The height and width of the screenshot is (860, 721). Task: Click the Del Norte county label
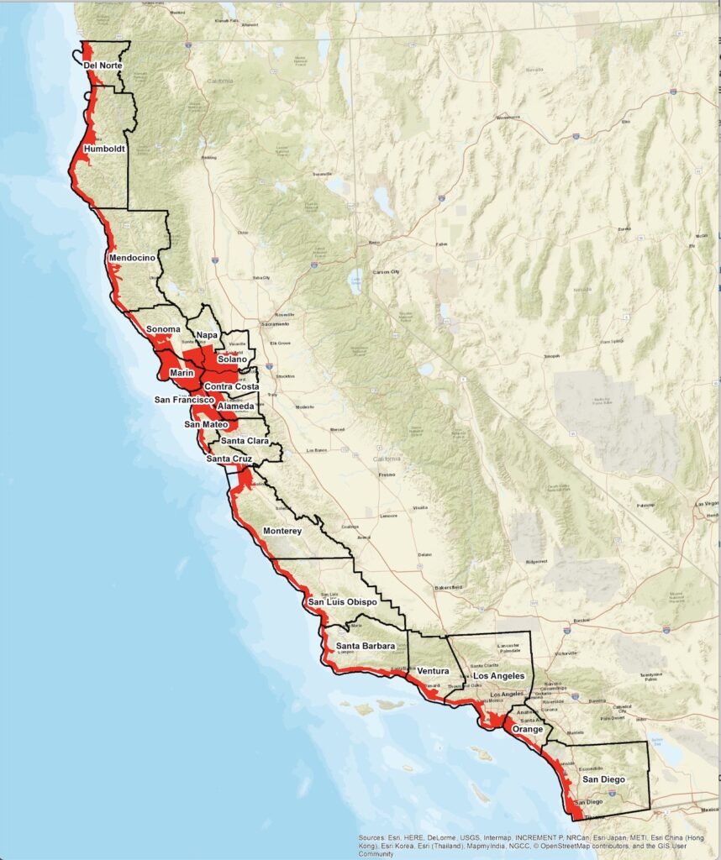click(103, 66)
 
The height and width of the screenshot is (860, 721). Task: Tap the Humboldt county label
click(105, 149)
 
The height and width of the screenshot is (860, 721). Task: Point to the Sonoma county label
click(163, 329)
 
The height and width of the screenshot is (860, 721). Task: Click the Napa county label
click(207, 335)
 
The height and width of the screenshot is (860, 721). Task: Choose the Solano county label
click(233, 359)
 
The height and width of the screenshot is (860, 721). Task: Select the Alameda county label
click(236, 406)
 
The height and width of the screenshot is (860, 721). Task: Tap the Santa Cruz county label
click(229, 459)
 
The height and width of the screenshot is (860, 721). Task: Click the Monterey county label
click(287, 532)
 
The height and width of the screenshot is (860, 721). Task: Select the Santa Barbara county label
click(366, 646)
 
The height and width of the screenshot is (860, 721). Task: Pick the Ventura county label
click(434, 672)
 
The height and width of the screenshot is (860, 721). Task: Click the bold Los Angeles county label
click(499, 676)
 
